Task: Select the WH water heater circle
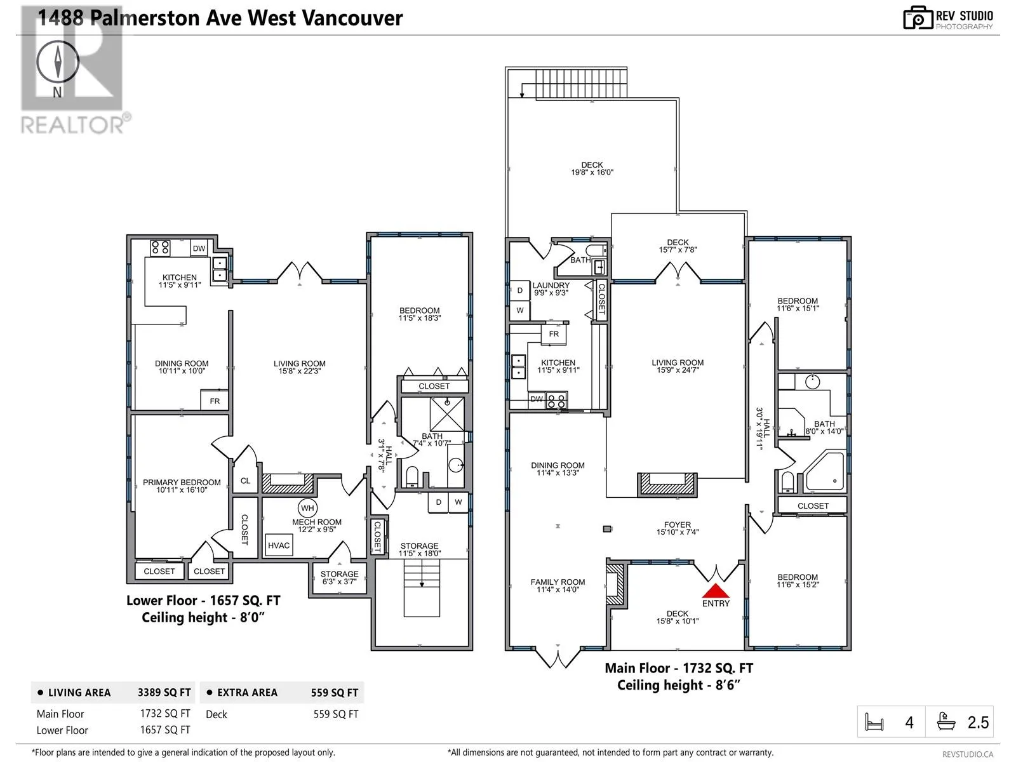[x=307, y=508]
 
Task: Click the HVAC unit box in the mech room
[x=279, y=545]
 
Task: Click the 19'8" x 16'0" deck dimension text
[x=592, y=172]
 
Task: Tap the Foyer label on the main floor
[x=677, y=525]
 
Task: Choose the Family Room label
[x=558, y=582]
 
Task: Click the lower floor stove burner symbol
[x=160, y=248]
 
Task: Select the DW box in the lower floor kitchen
[x=199, y=248]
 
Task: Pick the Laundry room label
[x=551, y=286]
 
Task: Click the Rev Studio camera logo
[x=918, y=18]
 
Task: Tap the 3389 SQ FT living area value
[x=164, y=693]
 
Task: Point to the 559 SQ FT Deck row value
[x=336, y=714]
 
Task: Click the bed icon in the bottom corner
[x=874, y=722]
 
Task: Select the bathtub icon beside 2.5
[x=946, y=722]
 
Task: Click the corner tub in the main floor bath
[x=824, y=472]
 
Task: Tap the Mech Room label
[x=317, y=522]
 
